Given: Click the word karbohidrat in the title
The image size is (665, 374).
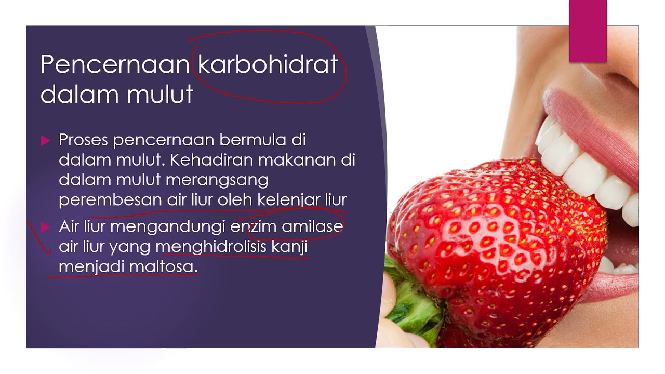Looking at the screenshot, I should coord(268,64).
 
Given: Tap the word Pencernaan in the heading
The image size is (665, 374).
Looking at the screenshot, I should coord(115,64).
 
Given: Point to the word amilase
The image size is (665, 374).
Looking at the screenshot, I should coord(312,227).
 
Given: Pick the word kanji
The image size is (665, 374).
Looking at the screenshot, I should coord(289,247).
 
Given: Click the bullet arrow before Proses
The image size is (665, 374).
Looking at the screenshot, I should coord(45,141).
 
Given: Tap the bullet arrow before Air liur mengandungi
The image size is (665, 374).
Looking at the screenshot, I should coord(45,227).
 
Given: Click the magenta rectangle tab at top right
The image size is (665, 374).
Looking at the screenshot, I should coord(588,31).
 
